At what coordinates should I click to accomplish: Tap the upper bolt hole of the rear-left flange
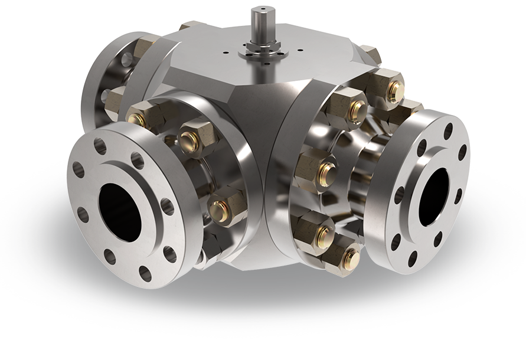[125, 59]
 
